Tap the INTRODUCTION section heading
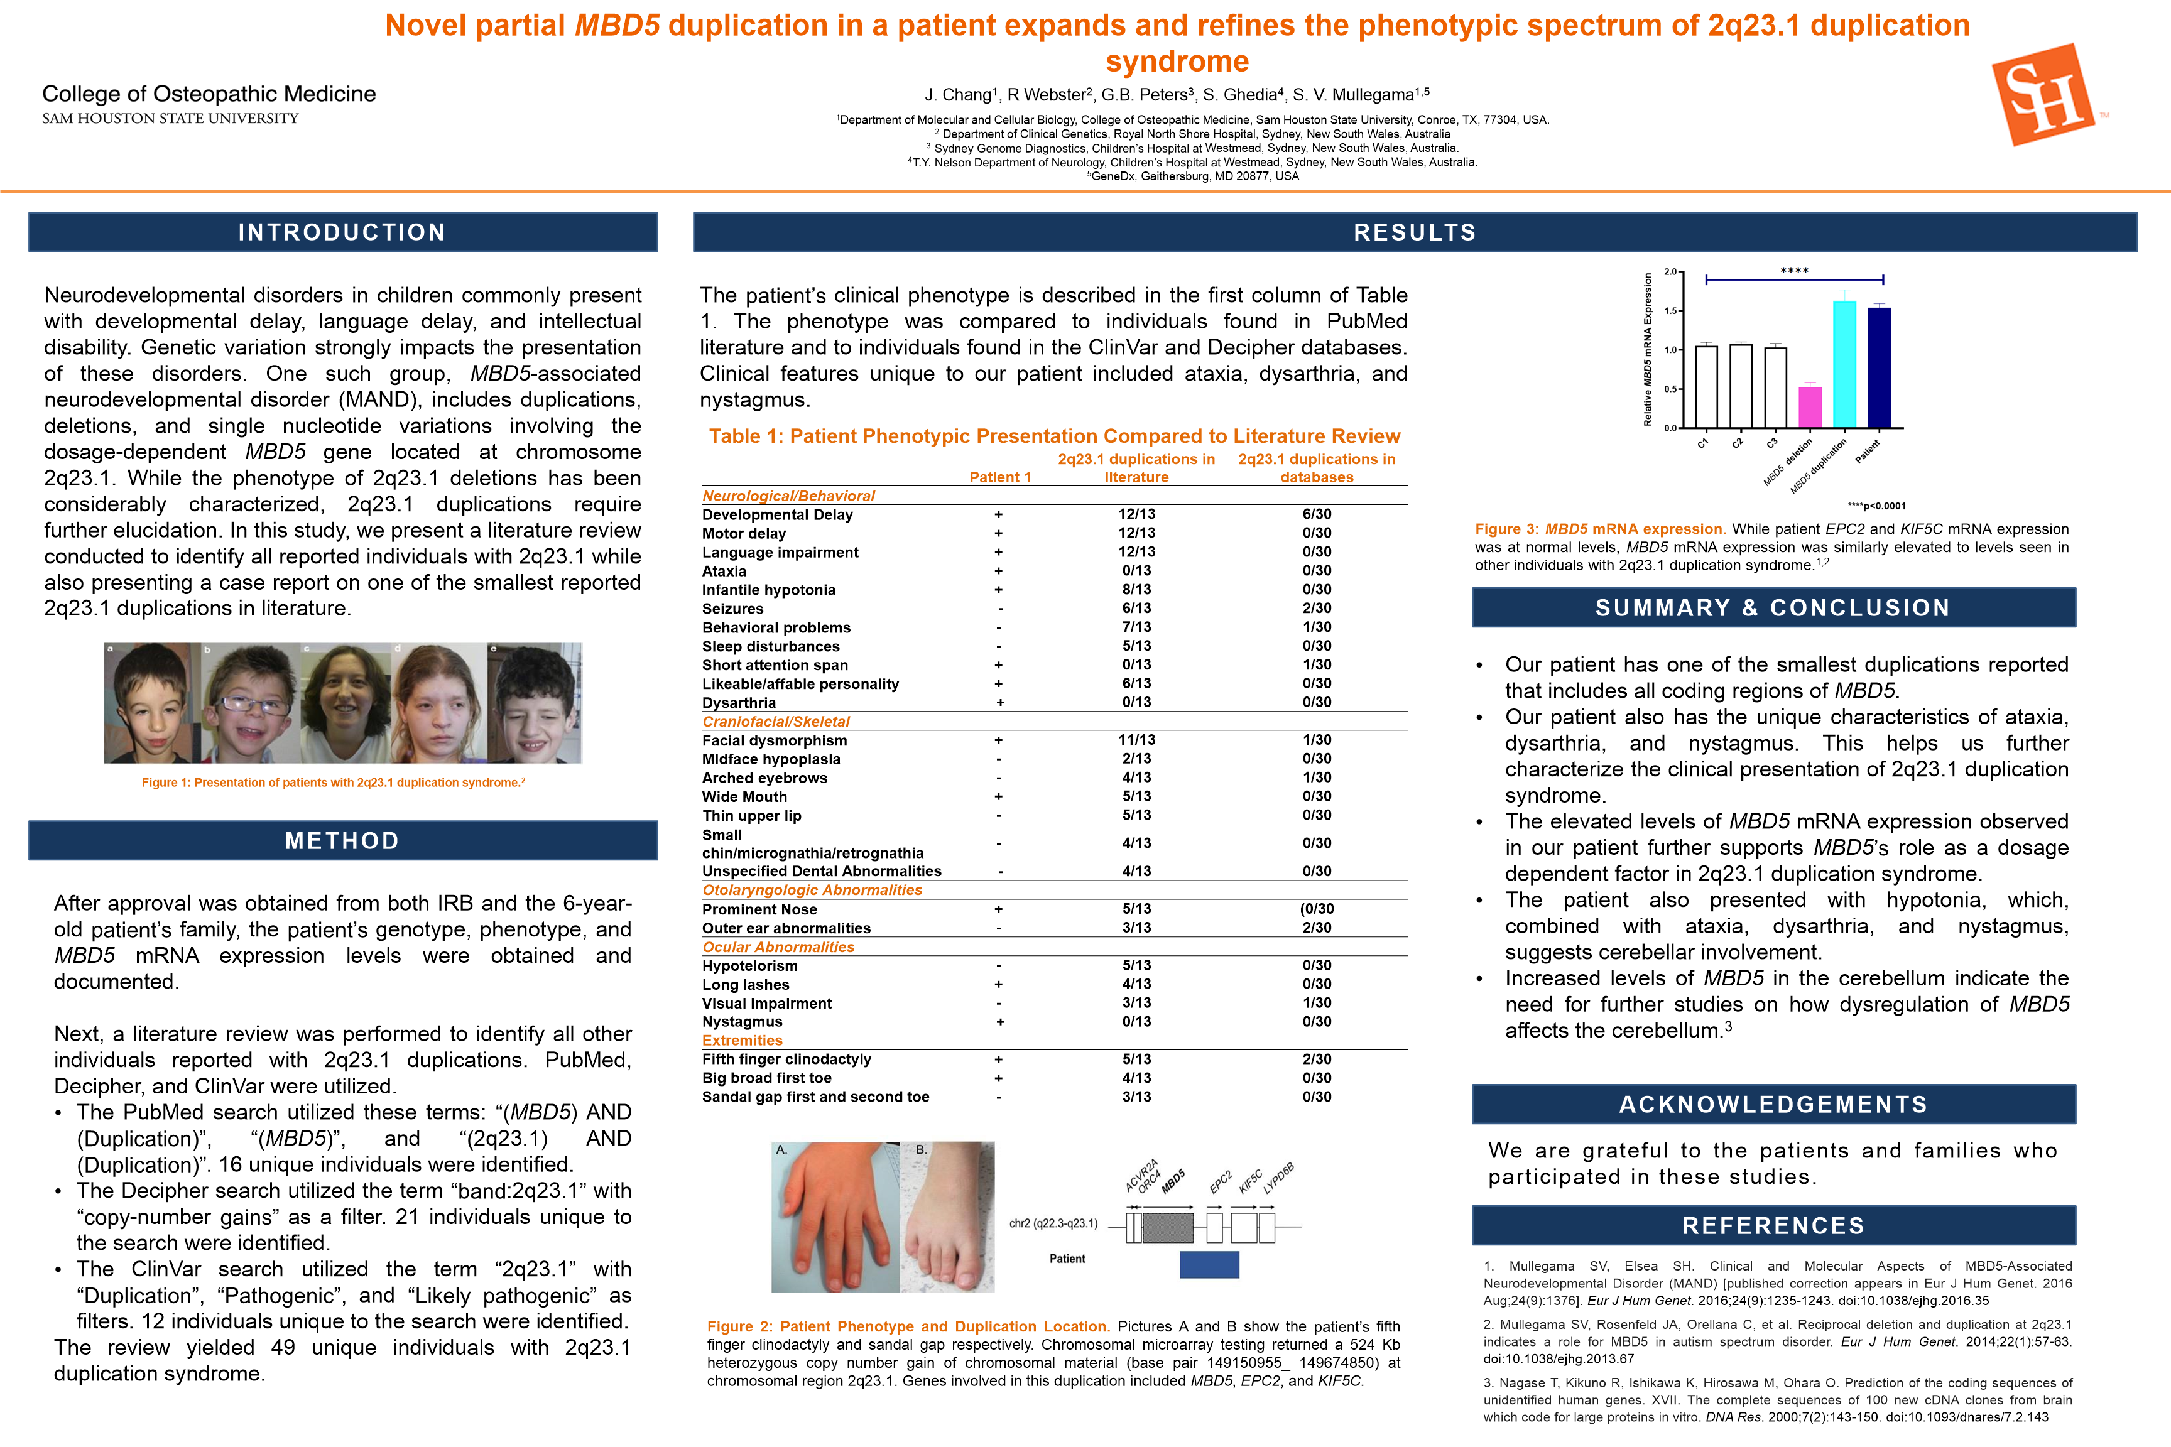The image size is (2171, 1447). (342, 232)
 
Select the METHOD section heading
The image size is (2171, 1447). (342, 841)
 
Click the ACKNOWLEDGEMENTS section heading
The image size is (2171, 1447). (1773, 1105)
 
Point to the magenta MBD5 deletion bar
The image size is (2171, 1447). (1810, 407)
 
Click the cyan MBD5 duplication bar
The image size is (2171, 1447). (1844, 364)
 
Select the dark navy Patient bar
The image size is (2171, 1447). (1880, 367)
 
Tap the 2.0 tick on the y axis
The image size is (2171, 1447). (1670, 272)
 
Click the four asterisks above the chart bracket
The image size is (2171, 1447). (1793, 271)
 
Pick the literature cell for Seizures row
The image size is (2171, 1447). (1136, 608)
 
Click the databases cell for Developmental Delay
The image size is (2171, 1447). (1316, 514)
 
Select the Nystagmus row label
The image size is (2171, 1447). (742, 1022)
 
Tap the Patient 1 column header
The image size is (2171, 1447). (999, 477)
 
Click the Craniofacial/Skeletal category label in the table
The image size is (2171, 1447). (775, 722)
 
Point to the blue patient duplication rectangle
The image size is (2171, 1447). (1209, 1264)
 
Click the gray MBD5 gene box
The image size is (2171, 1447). (1168, 1227)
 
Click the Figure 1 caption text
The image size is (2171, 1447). (333, 783)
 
